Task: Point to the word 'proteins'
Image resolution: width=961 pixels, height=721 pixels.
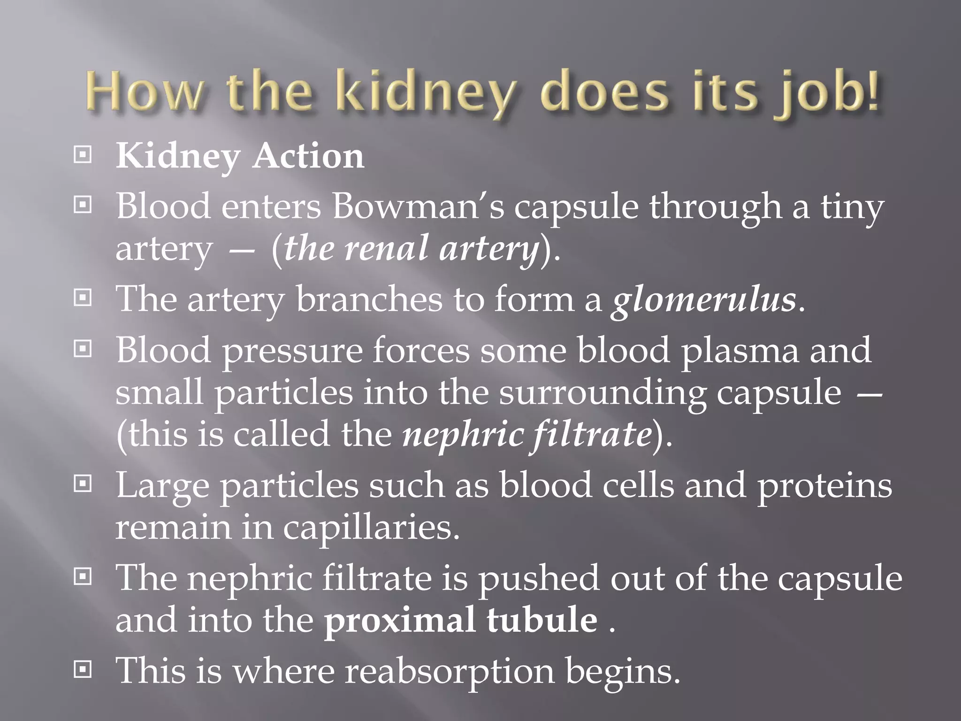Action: tap(824, 485)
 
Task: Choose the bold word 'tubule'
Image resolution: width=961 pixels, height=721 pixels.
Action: tap(542, 620)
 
